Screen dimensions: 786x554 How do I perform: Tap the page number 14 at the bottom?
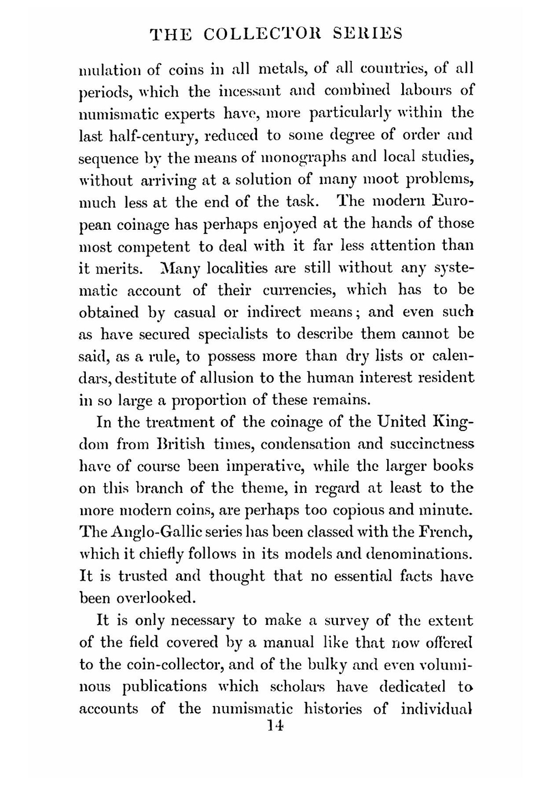(275, 726)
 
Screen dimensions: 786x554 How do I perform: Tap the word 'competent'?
(152, 247)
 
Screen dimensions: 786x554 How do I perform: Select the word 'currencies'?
(300, 290)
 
